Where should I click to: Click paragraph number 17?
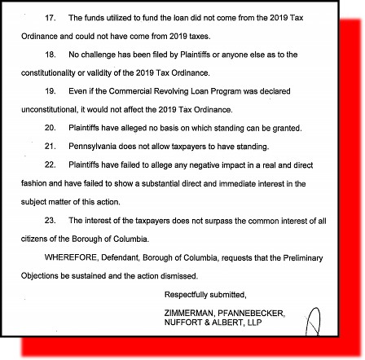50,17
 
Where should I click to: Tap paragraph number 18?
50,55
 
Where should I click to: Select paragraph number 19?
50,91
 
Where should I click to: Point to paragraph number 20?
50,128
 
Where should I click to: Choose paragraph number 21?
50,147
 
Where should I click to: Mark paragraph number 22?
50,165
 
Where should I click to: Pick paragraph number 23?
50,221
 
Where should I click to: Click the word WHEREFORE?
65,257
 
